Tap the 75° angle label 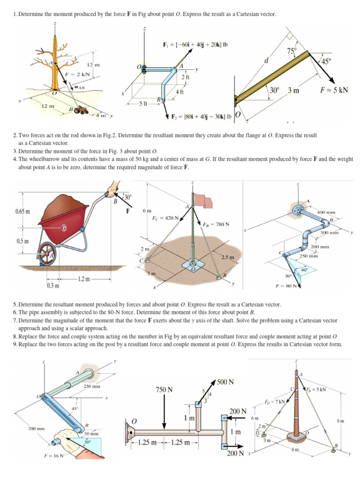point(292,52)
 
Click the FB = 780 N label point(216,224)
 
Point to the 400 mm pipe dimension point(327,212)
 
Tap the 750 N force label point(164,390)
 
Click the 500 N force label point(225,382)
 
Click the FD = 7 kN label point(275,402)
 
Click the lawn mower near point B point(82,110)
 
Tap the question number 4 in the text point(15,159)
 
